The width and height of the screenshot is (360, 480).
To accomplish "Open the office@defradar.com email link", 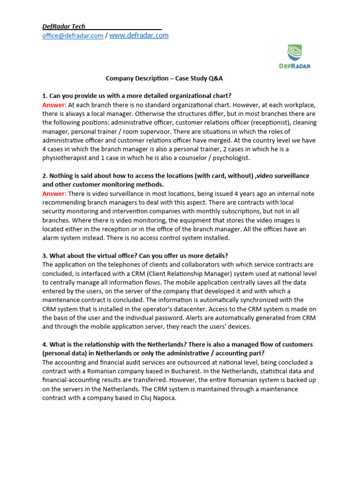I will pos(73,36).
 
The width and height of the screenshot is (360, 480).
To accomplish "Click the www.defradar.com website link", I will pos(139,36).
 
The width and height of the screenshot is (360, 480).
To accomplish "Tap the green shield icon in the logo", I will pos(294,52).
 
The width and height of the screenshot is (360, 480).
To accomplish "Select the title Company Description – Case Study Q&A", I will pos(161,78).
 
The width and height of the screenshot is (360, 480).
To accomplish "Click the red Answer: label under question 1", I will pos(54,105).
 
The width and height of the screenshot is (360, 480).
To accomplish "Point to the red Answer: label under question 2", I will pos(54,194).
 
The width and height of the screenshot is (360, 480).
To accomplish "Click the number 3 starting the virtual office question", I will pos(44,255).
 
